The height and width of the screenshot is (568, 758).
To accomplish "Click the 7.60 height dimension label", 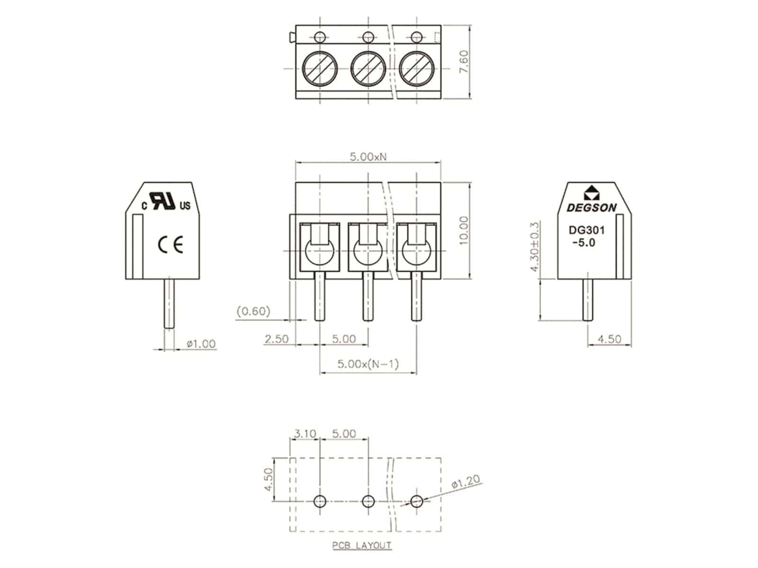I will pyautogui.click(x=463, y=61).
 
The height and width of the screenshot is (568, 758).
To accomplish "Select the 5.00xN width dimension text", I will pyautogui.click(x=368, y=157).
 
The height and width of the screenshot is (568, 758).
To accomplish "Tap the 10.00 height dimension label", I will pyautogui.click(x=463, y=231).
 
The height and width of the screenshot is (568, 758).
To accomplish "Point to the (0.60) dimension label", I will pyautogui.click(x=253, y=311).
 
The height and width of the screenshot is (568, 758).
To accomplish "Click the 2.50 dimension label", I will pyautogui.click(x=276, y=339).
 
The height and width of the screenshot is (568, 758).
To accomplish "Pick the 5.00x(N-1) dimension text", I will pyautogui.click(x=368, y=364).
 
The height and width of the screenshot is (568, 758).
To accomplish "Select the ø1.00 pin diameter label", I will pyautogui.click(x=201, y=344).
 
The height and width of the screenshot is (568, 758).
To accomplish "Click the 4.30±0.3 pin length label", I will pyautogui.click(x=535, y=246).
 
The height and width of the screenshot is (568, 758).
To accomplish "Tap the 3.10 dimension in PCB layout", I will pyautogui.click(x=305, y=433).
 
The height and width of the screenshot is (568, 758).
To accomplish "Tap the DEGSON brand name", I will pyautogui.click(x=592, y=208).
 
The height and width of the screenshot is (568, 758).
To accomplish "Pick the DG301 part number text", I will pyautogui.click(x=587, y=231).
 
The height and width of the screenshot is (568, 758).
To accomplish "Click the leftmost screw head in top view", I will pyautogui.click(x=320, y=68).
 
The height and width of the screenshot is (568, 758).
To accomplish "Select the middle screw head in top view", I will pyautogui.click(x=368, y=68).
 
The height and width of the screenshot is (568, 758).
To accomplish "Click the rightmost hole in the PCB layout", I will pyautogui.click(x=416, y=501).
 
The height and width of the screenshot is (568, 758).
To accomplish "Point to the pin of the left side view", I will pyautogui.click(x=169, y=303).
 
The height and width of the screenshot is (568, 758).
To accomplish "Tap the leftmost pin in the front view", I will pyautogui.click(x=320, y=296).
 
